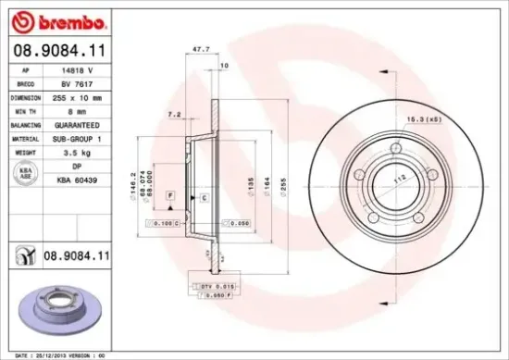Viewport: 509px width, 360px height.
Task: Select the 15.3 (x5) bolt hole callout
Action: click(432, 118)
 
